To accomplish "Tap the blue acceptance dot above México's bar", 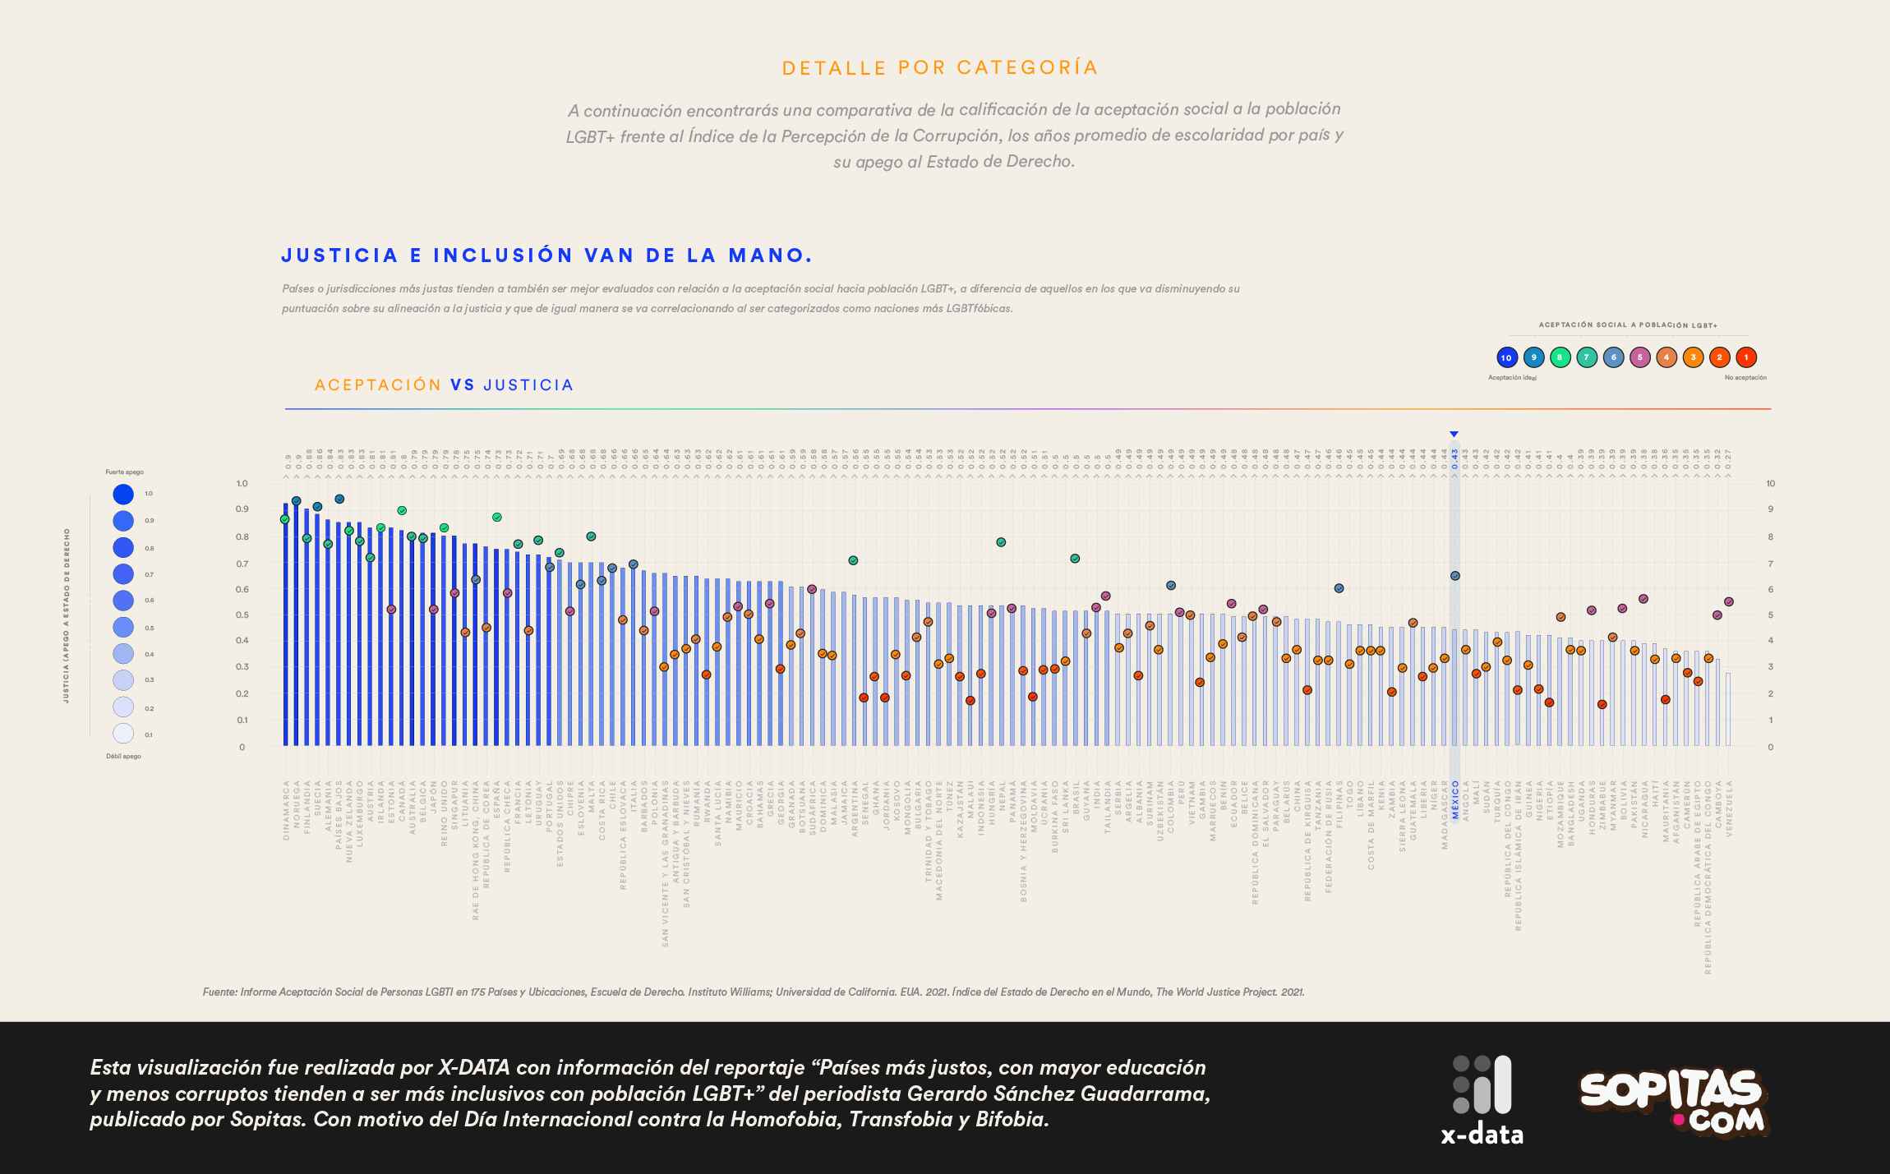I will click(1454, 576).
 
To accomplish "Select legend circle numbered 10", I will click(1506, 357).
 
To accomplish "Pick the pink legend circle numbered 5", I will click(1639, 357).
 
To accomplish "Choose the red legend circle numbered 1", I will click(1745, 357).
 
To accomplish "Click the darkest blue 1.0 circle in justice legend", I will click(123, 494).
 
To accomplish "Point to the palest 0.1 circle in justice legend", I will click(123, 734).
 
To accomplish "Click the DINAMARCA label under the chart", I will click(286, 810).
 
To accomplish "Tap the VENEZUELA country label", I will click(1729, 808).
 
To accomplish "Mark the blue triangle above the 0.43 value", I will click(1454, 434).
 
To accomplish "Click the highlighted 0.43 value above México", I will click(1454, 458).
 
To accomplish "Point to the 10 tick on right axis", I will click(1770, 483).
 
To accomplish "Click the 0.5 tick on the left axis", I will click(242, 615).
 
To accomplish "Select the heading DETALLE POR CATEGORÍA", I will click(940, 68).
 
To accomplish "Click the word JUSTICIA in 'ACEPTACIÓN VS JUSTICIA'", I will click(528, 385).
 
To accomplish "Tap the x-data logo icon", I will click(1482, 1084).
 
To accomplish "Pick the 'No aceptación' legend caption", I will click(1745, 378).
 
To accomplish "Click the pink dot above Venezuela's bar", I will click(1728, 602).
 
